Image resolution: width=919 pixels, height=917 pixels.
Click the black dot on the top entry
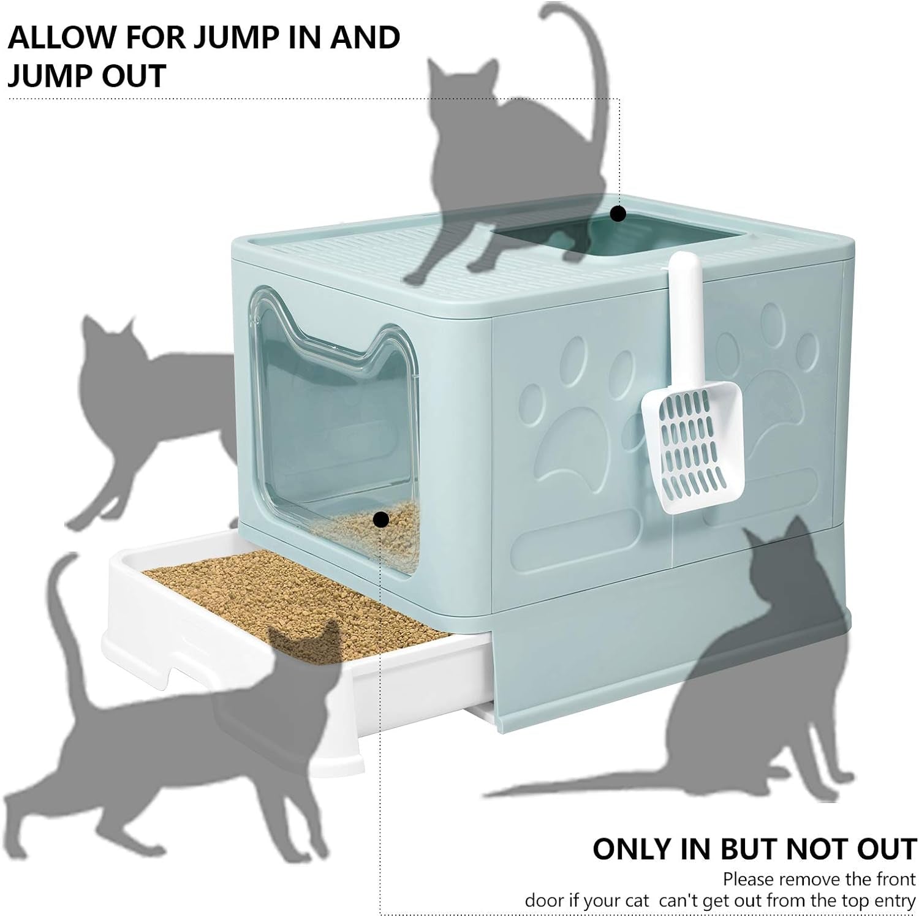coord(619,214)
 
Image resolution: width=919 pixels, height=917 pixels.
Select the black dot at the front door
coord(381,520)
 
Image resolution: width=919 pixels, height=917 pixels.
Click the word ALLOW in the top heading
coord(63,38)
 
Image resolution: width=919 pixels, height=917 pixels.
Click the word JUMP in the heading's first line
coord(237,38)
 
